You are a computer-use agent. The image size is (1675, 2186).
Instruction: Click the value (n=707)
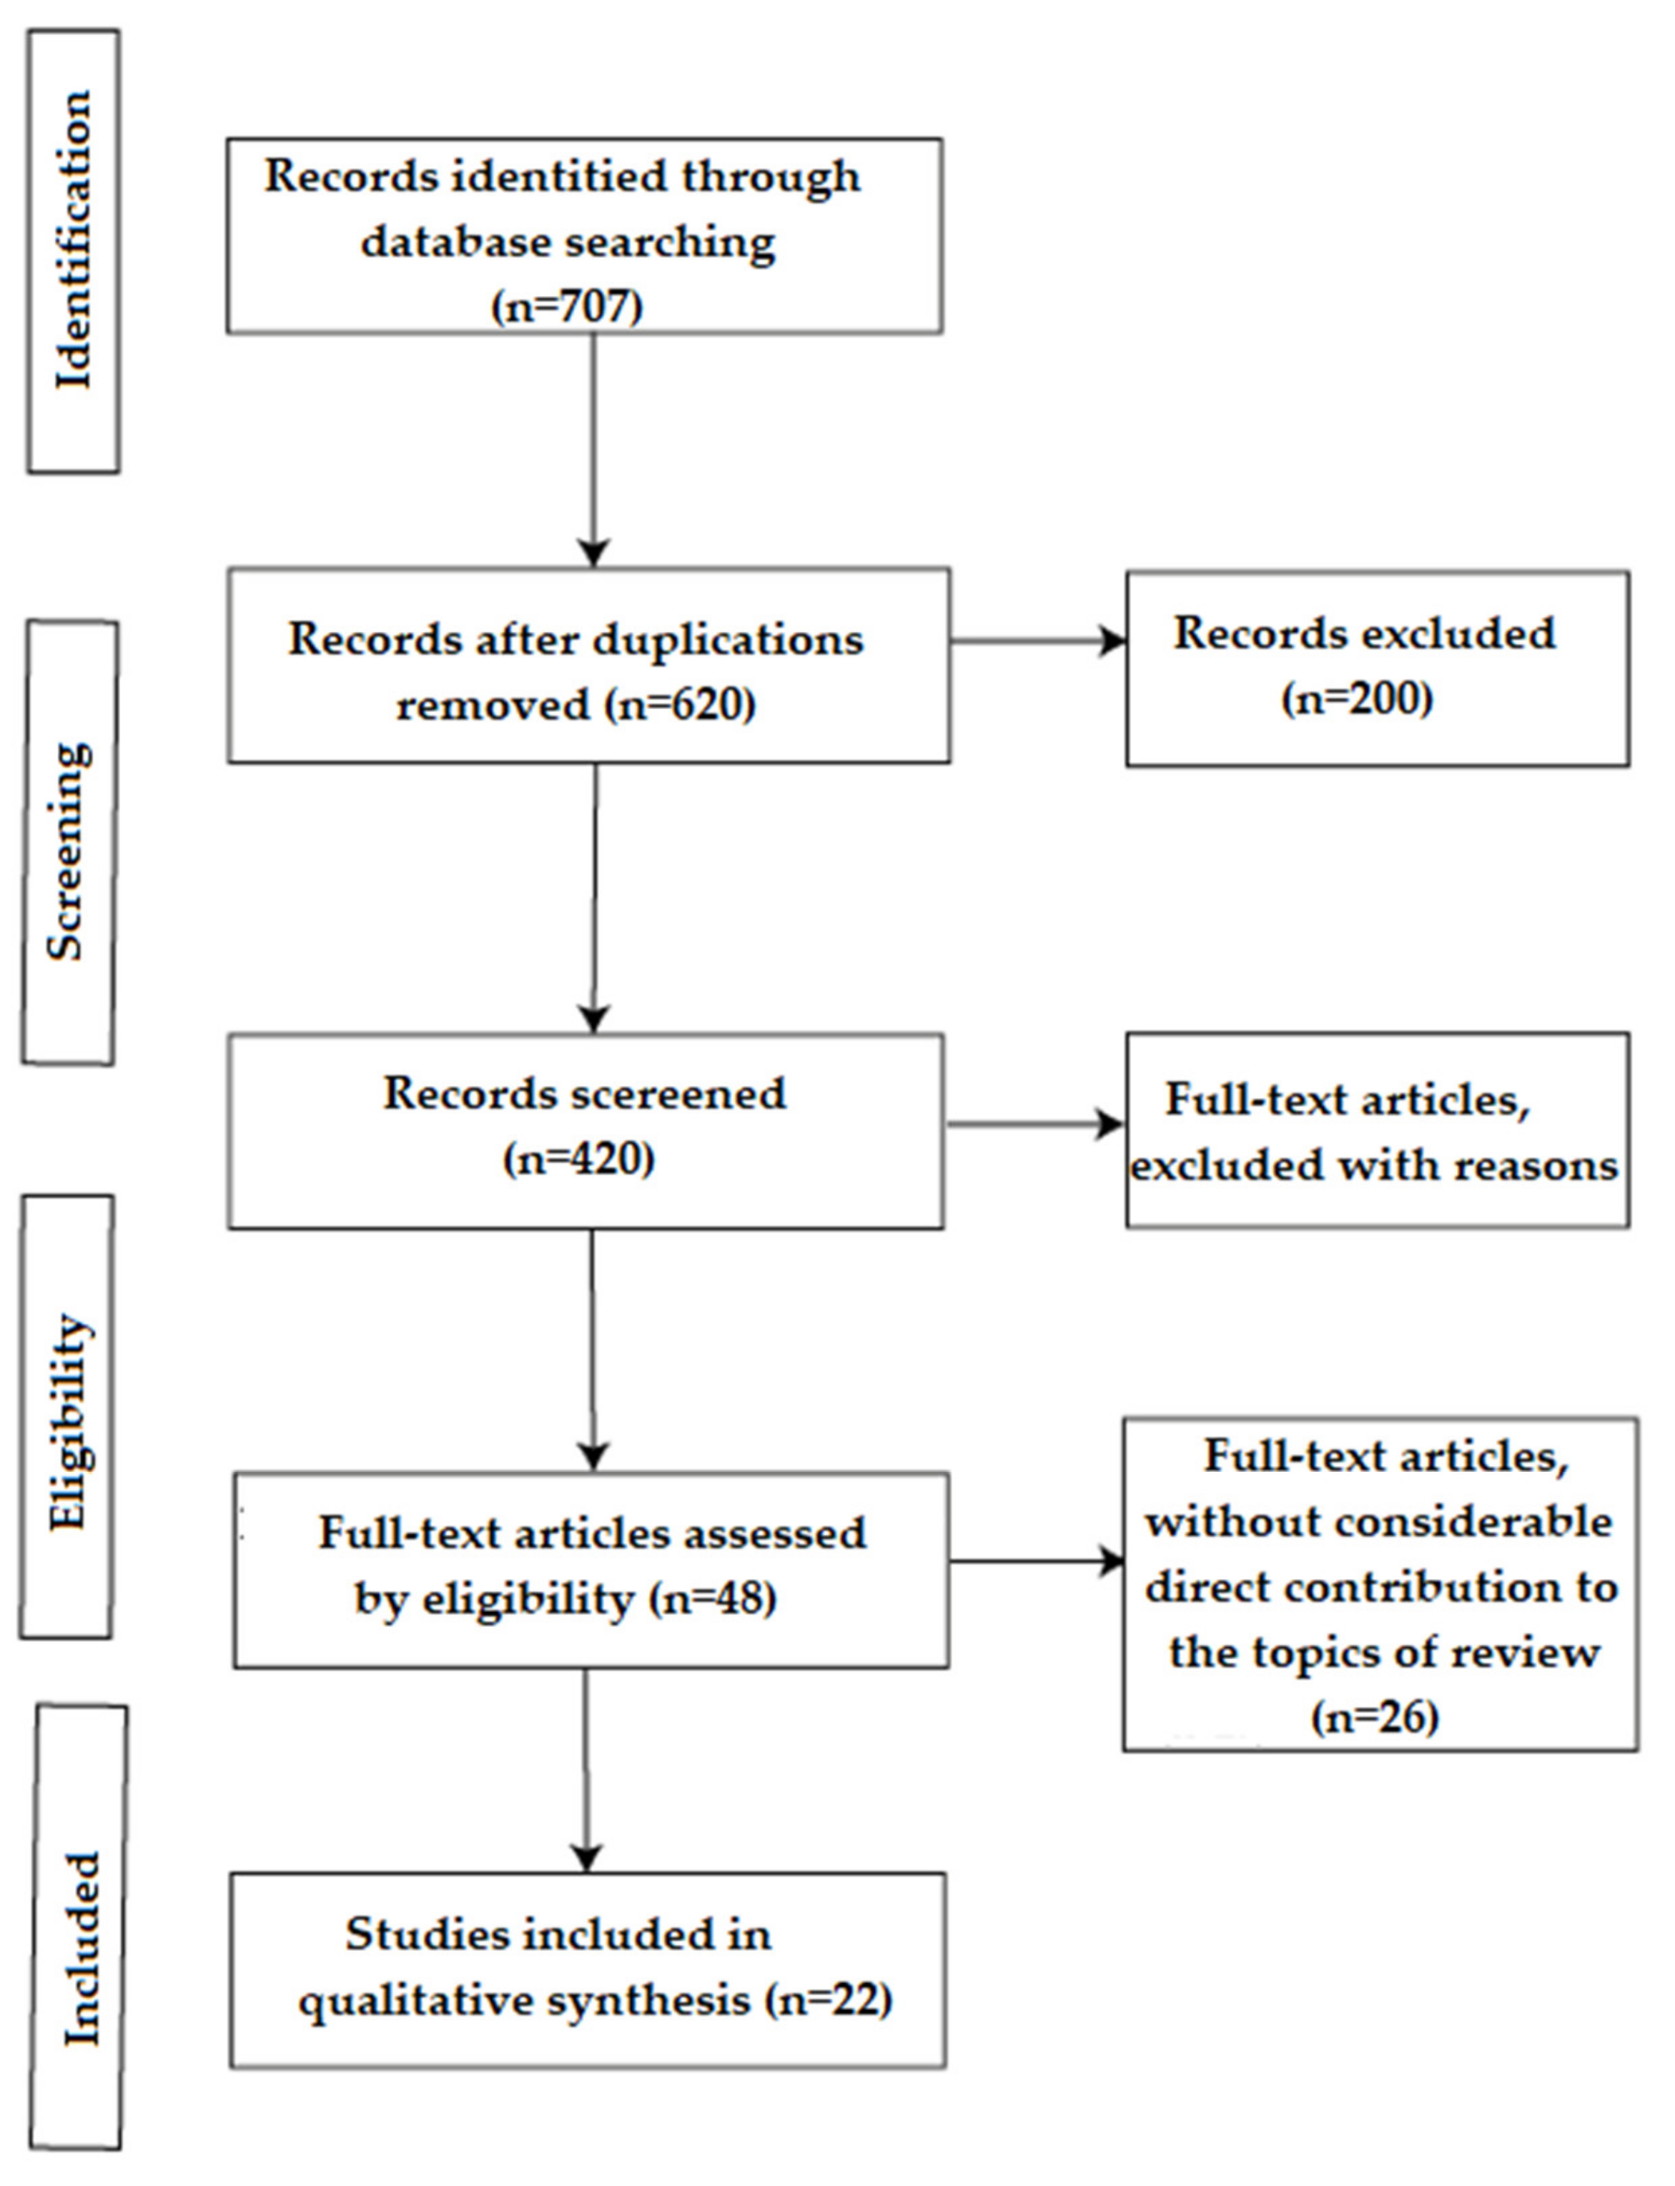coord(566,305)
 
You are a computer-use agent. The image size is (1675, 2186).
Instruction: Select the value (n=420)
coord(579,1159)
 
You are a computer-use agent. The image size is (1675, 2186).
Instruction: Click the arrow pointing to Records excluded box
coord(1037,641)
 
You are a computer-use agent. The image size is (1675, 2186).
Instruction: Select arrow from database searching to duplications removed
coord(593,448)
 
